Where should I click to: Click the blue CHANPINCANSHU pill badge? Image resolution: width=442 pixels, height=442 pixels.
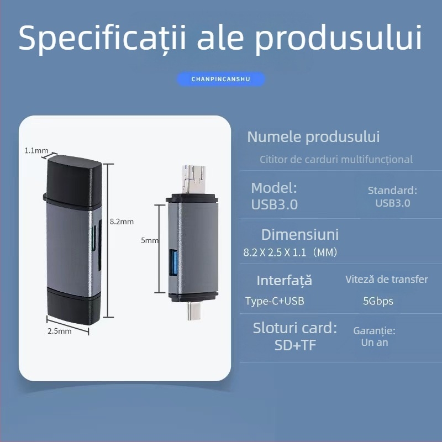[x=220, y=79]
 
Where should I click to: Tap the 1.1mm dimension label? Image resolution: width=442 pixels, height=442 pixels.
[x=36, y=150]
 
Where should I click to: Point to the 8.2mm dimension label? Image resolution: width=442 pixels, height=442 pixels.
[x=122, y=222]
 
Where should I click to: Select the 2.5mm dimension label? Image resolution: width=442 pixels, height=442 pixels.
[x=60, y=331]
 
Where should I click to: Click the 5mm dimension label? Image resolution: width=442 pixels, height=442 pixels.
[x=150, y=240]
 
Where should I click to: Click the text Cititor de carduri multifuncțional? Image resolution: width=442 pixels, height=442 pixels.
[x=336, y=160]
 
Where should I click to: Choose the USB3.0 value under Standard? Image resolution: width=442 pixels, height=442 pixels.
[x=393, y=203]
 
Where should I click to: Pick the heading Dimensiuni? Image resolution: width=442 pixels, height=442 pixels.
[x=299, y=234]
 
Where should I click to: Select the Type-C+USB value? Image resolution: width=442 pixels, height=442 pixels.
[x=275, y=301]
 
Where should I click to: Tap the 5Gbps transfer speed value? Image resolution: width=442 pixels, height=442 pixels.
[x=378, y=302]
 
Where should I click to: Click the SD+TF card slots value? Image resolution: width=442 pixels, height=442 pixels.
[x=295, y=345]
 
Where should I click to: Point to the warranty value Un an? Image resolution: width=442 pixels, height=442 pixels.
[x=375, y=343]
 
